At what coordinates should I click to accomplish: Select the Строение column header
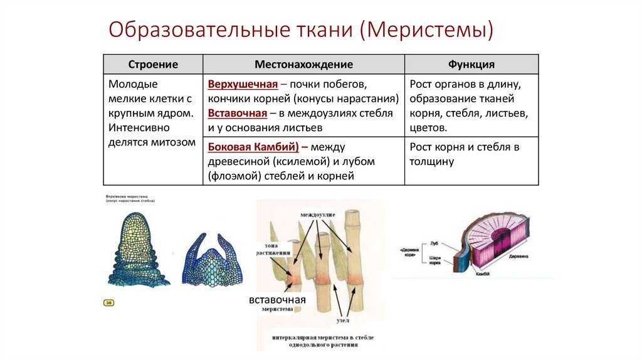pos(153,65)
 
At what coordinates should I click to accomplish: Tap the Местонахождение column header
pos(303,65)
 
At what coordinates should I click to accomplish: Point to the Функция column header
pos(471,65)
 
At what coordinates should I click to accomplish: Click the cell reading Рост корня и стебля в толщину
pos(464,154)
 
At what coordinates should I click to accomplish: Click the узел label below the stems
pos(343,320)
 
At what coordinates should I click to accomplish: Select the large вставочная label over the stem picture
pos(277,299)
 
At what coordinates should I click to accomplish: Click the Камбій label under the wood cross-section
pos(483,274)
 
